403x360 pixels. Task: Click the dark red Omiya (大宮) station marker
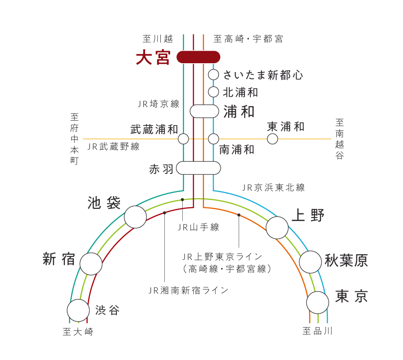[198, 57]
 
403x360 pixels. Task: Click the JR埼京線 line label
[159, 104]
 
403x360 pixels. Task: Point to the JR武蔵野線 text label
[113, 147]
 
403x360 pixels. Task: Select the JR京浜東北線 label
[273, 187]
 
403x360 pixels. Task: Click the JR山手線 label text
[198, 227]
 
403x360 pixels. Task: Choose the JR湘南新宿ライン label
[189, 291]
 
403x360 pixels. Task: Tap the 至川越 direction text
[158, 39]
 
